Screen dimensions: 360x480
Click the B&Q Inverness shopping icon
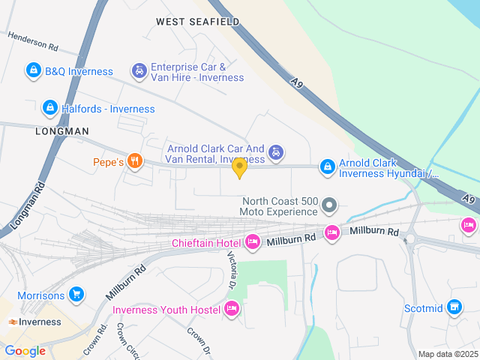[33, 71]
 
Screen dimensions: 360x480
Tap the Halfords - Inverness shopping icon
[49, 108]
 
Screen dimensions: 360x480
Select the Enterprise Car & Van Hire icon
[139, 71]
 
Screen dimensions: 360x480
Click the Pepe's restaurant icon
[135, 160]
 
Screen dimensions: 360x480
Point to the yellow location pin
[239, 168]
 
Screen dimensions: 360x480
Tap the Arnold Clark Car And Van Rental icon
[276, 153]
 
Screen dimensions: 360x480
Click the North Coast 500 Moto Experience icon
[328, 205]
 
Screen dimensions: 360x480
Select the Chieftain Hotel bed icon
[253, 241]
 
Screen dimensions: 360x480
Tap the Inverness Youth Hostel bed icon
[232, 308]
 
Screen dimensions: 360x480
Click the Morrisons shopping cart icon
[75, 294]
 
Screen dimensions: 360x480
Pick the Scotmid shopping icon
[453, 306]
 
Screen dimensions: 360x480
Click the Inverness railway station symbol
[13, 322]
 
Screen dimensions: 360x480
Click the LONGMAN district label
[61, 130]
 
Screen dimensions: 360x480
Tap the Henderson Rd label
[33, 40]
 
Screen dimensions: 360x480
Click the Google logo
[25, 351]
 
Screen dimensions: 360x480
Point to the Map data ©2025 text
[447, 354]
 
